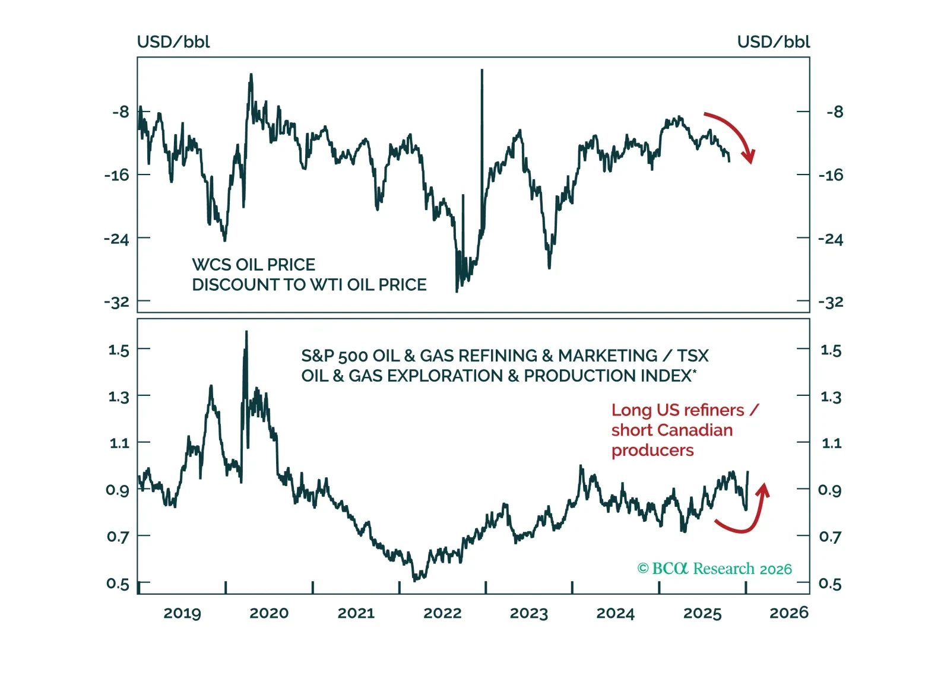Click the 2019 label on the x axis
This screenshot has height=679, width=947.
click(182, 613)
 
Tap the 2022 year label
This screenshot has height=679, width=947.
click(442, 613)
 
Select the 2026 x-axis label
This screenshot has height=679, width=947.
click(788, 613)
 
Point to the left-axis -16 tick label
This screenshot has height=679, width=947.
click(116, 175)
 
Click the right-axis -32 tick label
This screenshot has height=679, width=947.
click(830, 302)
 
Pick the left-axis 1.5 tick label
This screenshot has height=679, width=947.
click(119, 350)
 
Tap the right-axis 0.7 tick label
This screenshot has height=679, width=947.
click(830, 537)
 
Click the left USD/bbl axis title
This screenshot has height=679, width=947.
click(173, 42)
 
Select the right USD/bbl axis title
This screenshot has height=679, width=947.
click(773, 42)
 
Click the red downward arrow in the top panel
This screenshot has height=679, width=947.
click(733, 134)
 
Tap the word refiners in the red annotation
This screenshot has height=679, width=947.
click(715, 410)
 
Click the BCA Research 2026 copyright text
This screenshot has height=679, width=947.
click(714, 569)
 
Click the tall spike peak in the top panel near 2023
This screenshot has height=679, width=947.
click(482, 71)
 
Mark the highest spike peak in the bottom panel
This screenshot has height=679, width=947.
click(246, 332)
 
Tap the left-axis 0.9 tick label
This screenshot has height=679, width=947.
click(118, 490)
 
